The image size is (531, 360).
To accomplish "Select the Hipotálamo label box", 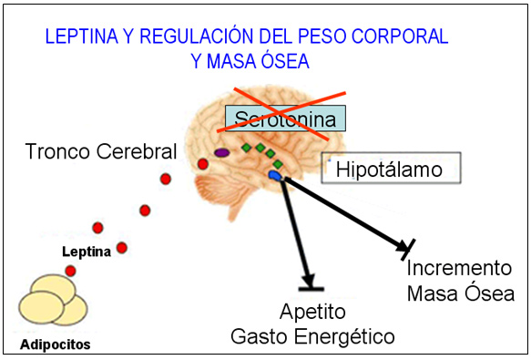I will pos(390,169).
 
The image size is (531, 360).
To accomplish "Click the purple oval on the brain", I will pos(221,153).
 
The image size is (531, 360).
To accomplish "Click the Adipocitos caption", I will pos(55,345).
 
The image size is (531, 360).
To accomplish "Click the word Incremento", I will pos(459,269).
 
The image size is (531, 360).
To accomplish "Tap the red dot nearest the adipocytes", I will pos(70,271).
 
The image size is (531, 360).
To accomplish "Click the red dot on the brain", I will pos(203,164).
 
